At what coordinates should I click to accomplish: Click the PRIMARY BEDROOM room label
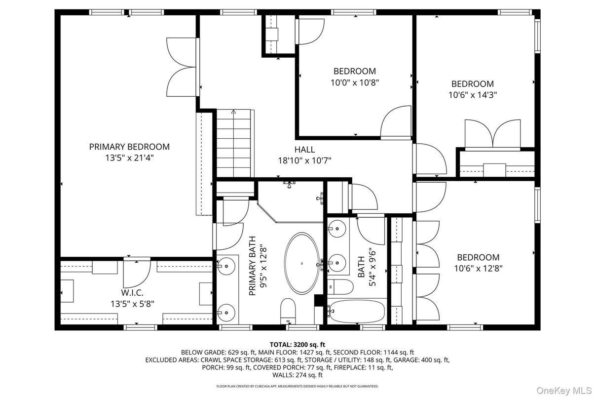pyautogui.click(x=129, y=147)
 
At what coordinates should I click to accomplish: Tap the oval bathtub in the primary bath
pyautogui.click(x=302, y=263)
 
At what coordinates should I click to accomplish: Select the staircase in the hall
pyautogui.click(x=234, y=143)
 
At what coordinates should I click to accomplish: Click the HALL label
pyautogui.click(x=304, y=150)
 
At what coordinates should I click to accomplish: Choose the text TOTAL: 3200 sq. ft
pyautogui.click(x=297, y=344)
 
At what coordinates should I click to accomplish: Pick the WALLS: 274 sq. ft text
pyautogui.click(x=297, y=375)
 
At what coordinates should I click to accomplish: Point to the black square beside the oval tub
pyautogui.click(x=318, y=300)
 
